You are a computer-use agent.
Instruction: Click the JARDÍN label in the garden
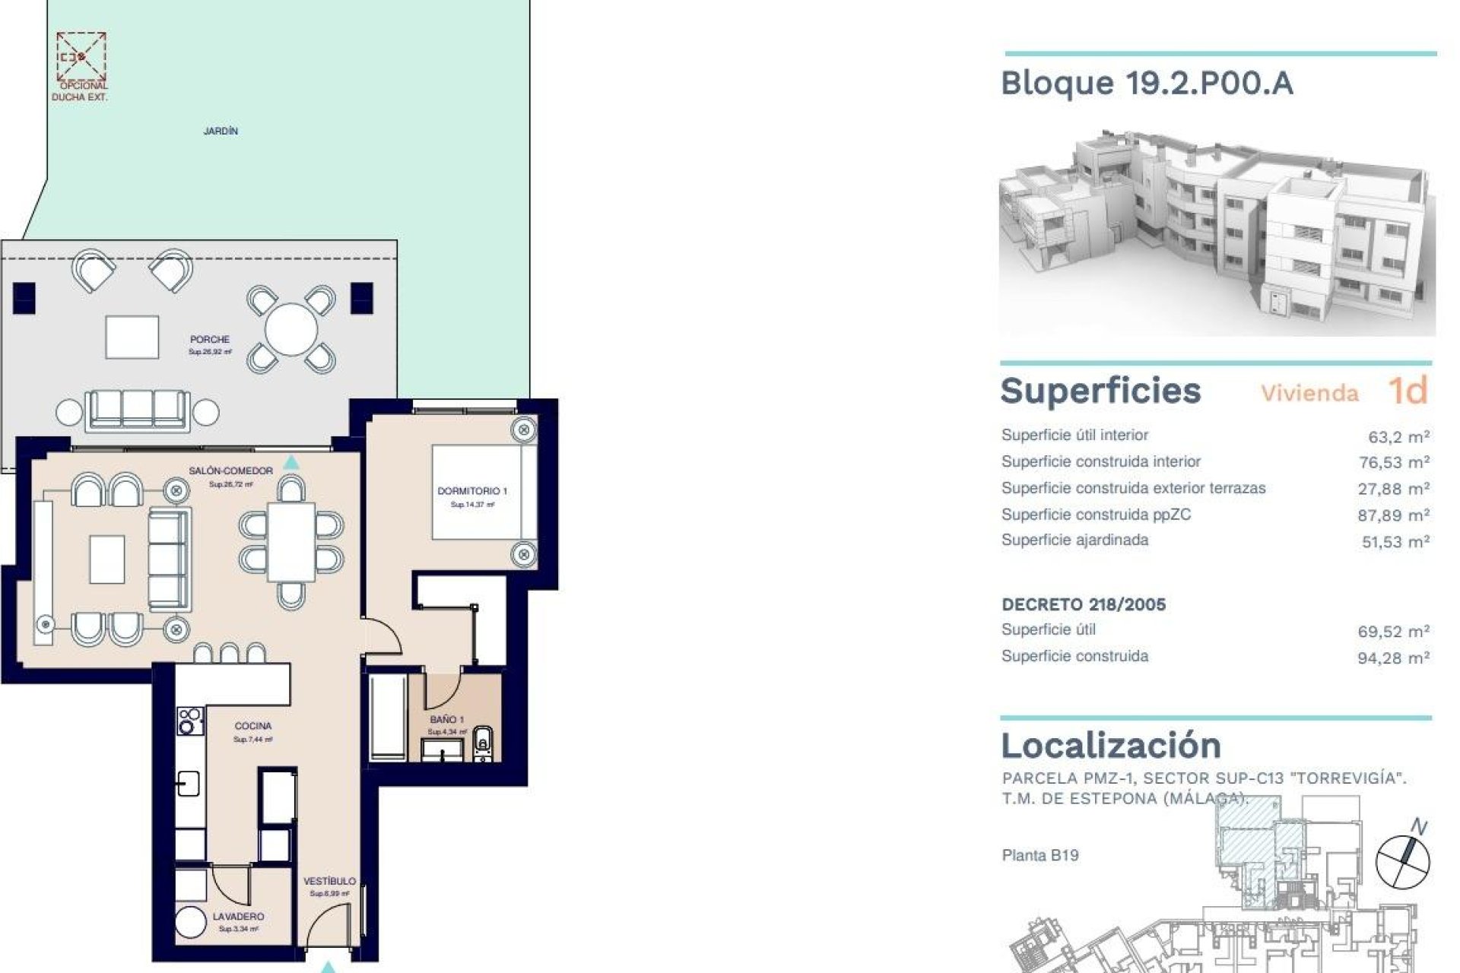tap(221, 131)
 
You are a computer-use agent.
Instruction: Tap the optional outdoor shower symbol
tap(81, 56)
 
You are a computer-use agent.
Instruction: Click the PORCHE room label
tap(210, 340)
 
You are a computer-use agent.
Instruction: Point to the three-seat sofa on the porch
tap(137, 410)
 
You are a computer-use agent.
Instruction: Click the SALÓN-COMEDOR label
tap(230, 471)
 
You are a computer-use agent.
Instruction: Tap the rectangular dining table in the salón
tap(291, 541)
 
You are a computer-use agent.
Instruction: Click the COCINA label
tap(253, 726)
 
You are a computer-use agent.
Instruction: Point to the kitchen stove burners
tap(190, 721)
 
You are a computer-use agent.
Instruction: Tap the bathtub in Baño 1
tap(388, 716)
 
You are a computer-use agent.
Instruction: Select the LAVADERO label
tap(238, 917)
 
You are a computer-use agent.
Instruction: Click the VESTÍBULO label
tap(329, 881)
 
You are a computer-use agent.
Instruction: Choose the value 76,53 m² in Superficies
tap(1393, 462)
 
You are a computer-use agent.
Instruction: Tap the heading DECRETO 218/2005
tap(1084, 605)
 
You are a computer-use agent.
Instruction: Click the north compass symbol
tap(1403, 861)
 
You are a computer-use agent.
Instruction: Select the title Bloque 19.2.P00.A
tap(1147, 83)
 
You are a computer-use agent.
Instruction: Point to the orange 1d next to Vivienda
tap(1408, 391)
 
